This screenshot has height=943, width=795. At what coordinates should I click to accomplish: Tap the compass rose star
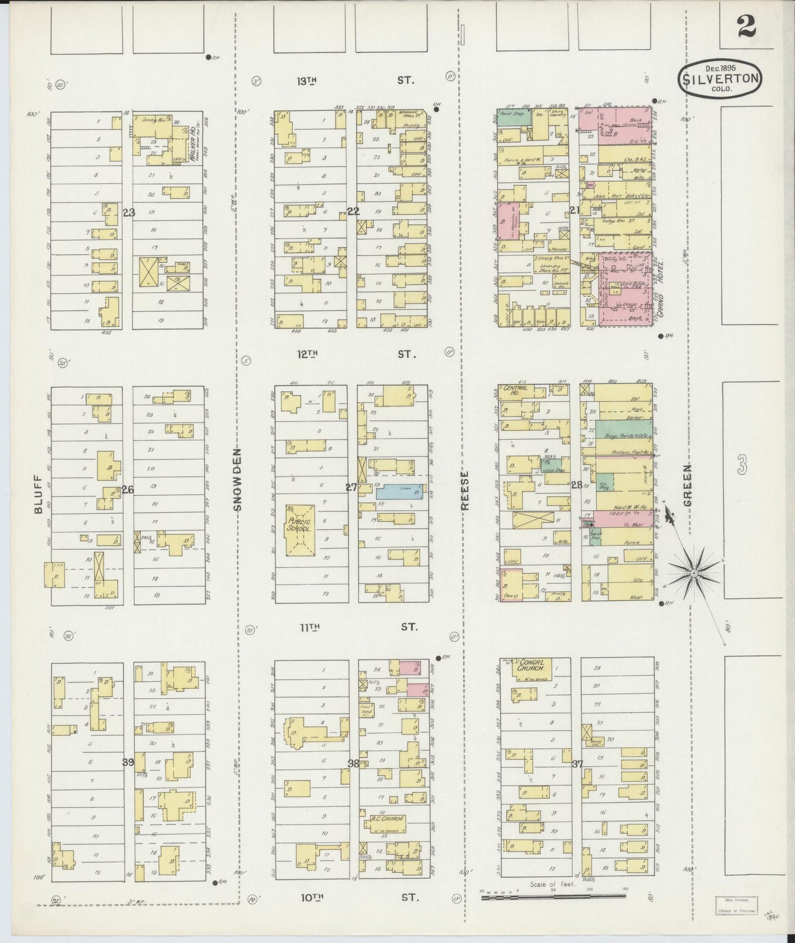(x=694, y=573)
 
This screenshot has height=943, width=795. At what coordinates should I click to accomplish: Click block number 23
(x=129, y=212)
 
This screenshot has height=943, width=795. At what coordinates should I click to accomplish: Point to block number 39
(x=128, y=762)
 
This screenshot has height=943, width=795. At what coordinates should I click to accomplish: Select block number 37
(x=577, y=764)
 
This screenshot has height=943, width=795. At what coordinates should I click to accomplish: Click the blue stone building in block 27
(x=400, y=491)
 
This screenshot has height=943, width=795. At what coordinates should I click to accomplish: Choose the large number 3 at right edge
(x=742, y=467)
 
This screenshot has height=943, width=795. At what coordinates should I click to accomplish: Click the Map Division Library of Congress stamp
(x=736, y=906)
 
